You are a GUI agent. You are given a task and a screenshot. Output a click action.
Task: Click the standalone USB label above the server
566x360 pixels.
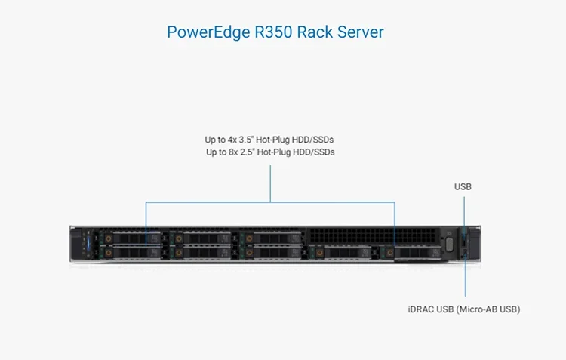click(463, 186)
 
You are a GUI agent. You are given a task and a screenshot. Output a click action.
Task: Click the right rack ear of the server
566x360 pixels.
click(473, 243)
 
